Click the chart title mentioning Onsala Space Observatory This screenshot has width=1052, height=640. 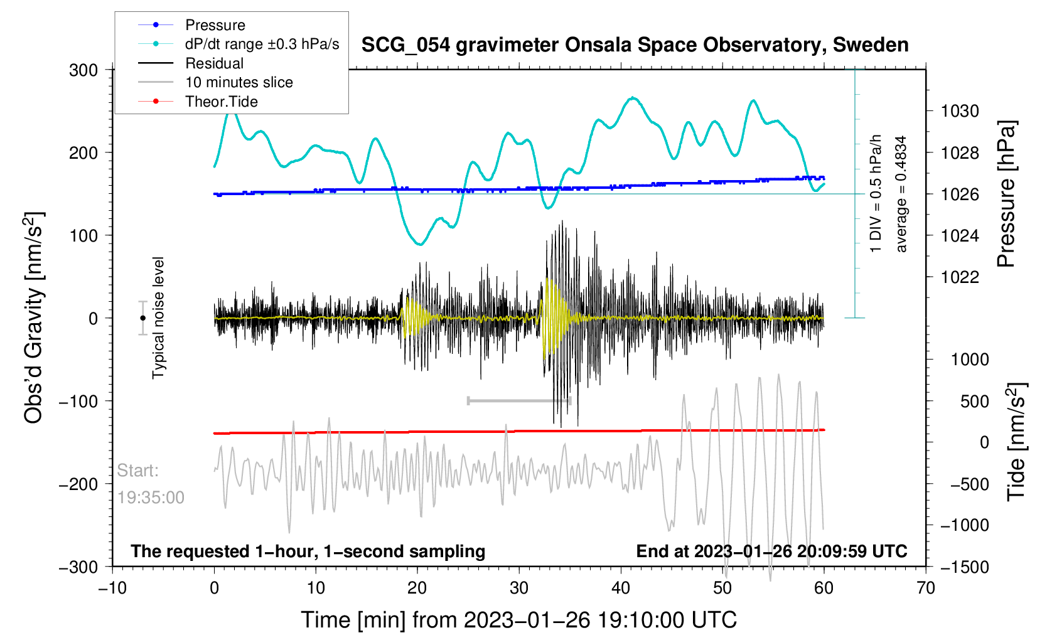coord(635,45)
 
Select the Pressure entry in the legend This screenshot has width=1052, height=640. coord(215,25)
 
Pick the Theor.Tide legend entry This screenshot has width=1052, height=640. coord(222,102)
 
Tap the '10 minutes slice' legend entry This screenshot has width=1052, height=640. coord(239,82)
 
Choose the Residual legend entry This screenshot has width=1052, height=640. coord(214,63)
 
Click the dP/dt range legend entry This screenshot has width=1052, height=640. coord(262,44)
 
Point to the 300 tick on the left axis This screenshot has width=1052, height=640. coord(83,70)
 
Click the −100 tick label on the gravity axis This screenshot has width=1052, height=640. coord(78,401)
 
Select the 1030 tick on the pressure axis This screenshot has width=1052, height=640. coord(960,112)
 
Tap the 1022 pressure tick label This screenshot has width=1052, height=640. coord(960,277)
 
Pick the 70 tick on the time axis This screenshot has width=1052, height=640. coord(926,588)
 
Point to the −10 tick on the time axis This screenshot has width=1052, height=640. coord(112,588)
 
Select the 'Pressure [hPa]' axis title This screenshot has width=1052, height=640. coord(1006,195)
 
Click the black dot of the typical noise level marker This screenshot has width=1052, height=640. coord(142,318)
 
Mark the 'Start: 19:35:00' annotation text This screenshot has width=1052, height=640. coord(151,484)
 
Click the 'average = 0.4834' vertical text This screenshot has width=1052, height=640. coord(901,195)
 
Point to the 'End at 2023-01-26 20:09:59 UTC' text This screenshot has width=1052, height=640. coord(771,552)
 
